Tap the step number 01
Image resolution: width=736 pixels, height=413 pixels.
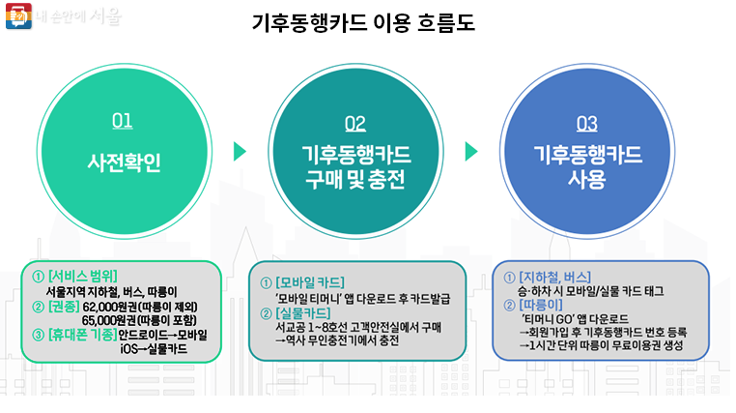[x=123, y=122]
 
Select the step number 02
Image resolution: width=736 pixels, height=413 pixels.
[x=354, y=123]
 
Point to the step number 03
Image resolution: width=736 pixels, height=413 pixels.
[x=586, y=123]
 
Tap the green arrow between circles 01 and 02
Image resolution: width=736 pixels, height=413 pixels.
[x=240, y=152]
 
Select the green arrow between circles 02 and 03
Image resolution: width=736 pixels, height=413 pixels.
[x=471, y=152]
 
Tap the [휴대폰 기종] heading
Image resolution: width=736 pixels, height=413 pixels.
[x=81, y=335]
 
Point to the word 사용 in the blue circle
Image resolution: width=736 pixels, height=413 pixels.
[x=587, y=181]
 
